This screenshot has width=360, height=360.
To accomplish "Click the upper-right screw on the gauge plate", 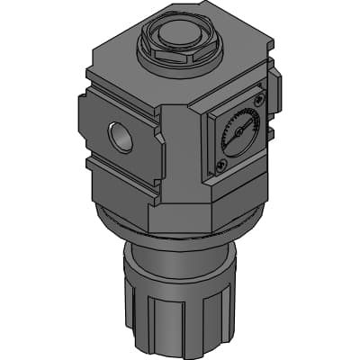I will coord(260,100).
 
